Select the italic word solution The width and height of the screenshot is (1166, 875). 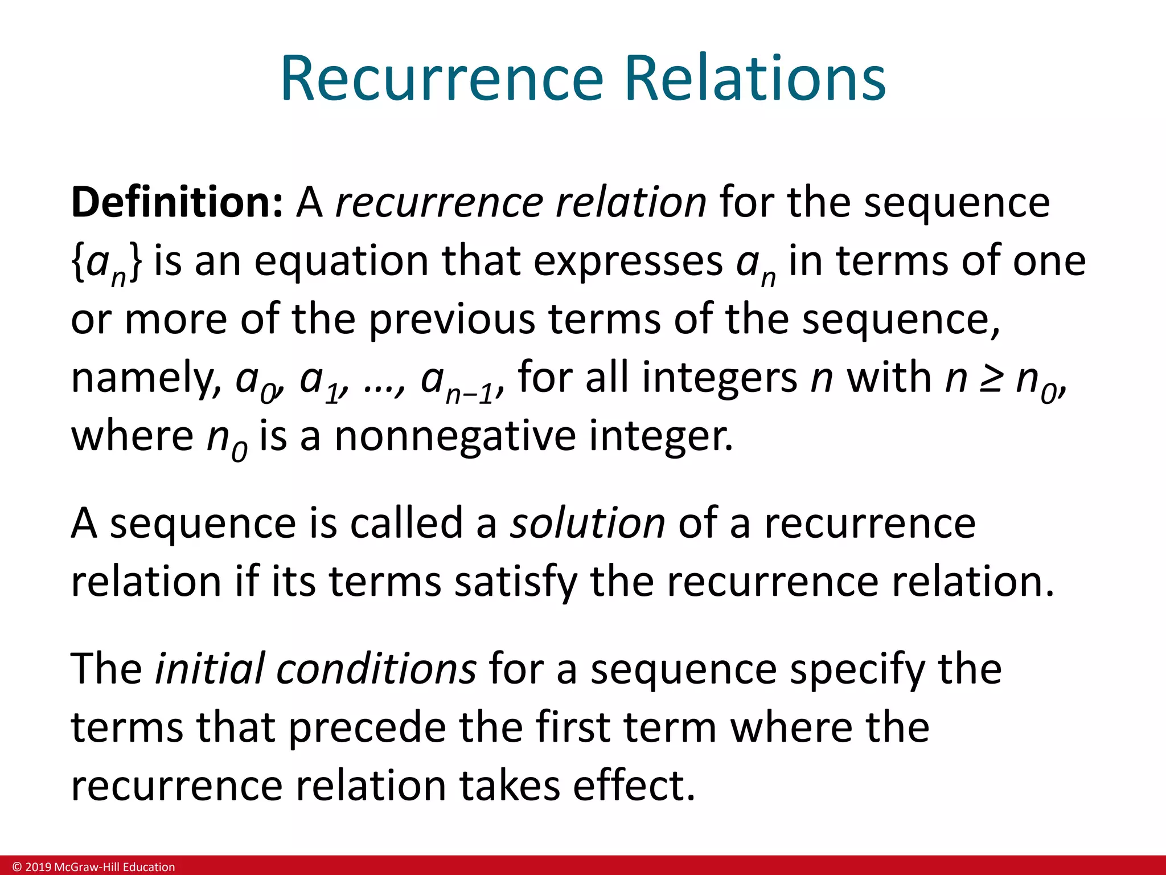(x=587, y=523)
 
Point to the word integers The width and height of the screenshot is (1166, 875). (x=720, y=378)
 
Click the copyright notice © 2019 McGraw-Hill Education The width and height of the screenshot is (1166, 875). (x=94, y=867)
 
